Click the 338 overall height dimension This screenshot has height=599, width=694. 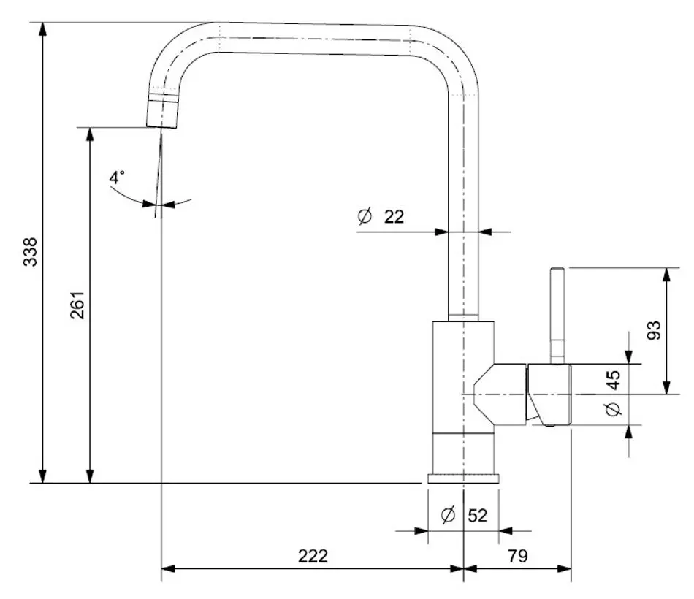point(30,252)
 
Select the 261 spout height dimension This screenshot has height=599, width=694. point(77,305)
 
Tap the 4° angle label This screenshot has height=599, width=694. point(117,178)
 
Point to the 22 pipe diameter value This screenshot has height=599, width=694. point(394,216)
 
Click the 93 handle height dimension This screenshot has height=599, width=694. point(654,330)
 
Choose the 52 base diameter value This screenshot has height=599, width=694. point(477,515)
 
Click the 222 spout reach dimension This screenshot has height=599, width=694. point(313,556)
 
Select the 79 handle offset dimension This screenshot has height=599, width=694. point(517,556)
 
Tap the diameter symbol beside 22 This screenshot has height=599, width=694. point(365,216)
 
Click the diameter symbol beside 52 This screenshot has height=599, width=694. point(449,515)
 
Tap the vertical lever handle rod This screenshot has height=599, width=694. point(557,314)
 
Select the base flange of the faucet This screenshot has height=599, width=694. point(463,479)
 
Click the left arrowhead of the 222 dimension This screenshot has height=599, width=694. point(167,568)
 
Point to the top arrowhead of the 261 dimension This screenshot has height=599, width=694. point(90,134)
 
